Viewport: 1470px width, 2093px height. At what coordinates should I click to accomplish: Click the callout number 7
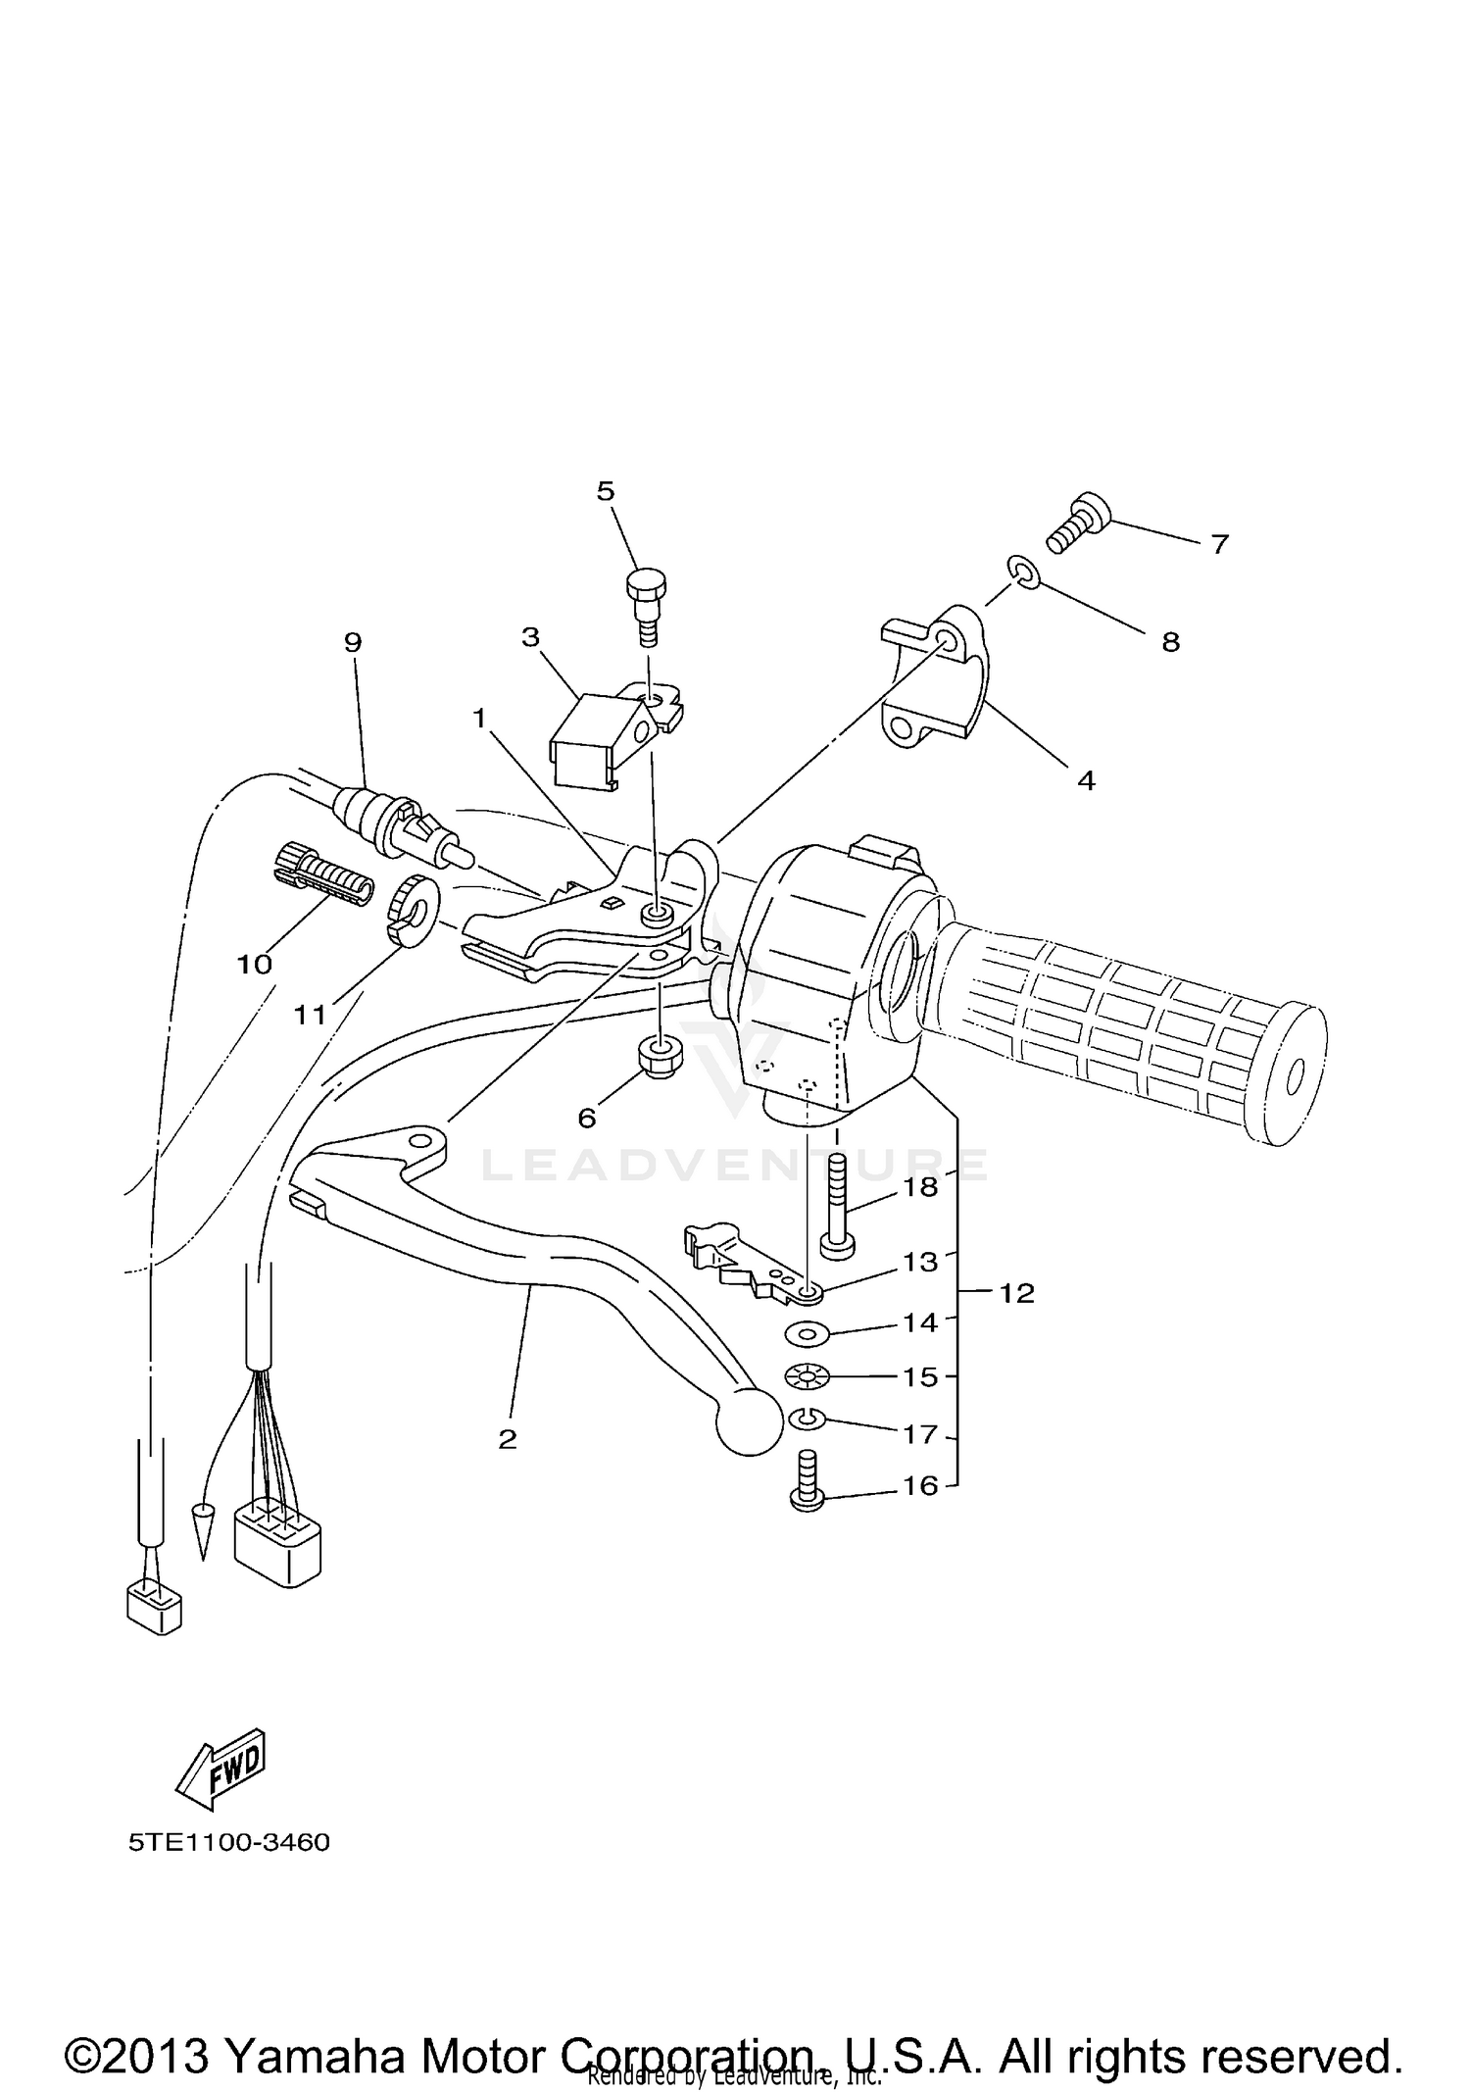(1219, 544)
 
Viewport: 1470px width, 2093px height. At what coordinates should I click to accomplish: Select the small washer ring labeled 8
(1020, 572)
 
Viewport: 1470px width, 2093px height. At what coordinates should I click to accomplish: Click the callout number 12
(1017, 1293)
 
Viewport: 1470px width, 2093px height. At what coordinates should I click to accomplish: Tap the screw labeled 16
(805, 1496)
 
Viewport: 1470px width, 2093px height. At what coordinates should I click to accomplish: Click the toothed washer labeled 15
(807, 1377)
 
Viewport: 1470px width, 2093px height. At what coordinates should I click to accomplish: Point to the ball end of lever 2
(750, 1422)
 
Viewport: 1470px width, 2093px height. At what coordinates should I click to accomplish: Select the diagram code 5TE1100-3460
(229, 1842)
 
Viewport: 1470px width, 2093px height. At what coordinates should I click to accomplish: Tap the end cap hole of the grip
(1294, 1077)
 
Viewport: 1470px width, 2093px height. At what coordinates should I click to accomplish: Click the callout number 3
(530, 638)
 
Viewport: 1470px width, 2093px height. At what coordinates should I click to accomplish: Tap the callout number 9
(353, 642)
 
